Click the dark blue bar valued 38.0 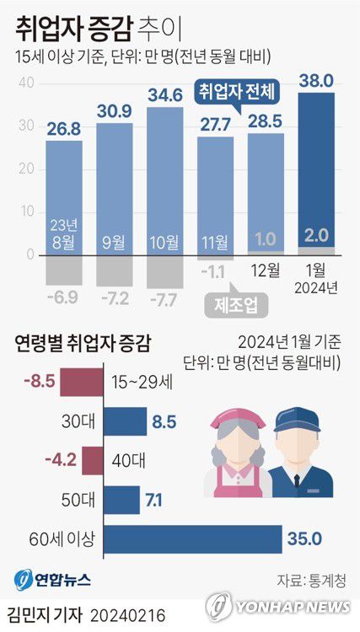click(x=316, y=169)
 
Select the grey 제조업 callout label click(x=232, y=303)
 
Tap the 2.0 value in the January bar click(x=316, y=235)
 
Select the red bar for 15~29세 click(x=84, y=384)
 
